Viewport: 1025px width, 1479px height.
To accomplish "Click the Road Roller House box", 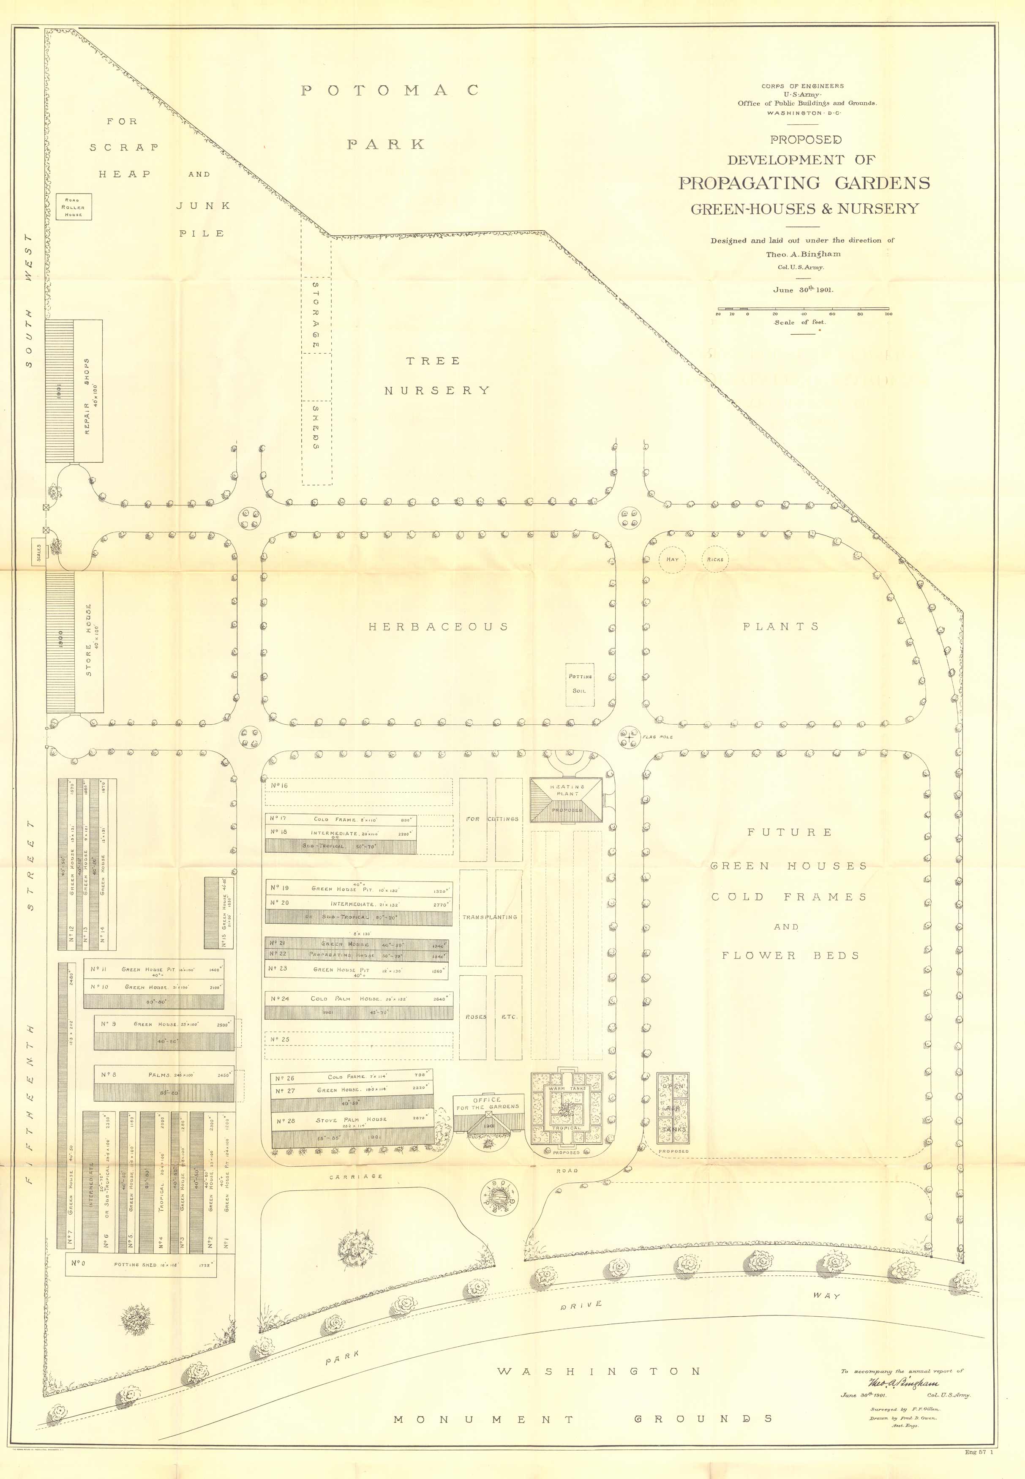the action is pos(73,207).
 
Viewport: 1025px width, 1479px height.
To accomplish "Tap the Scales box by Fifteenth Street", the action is pos(38,552).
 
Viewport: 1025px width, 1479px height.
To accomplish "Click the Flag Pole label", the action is pos(657,737).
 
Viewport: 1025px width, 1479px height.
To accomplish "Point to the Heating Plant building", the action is pos(567,799).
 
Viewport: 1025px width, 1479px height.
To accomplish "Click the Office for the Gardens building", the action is pos(487,1115).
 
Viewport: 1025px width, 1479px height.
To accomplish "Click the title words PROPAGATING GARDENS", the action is pos(804,183).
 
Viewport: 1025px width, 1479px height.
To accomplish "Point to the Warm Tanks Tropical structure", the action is pos(565,1108).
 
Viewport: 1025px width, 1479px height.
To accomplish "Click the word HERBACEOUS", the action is pos(438,627).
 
